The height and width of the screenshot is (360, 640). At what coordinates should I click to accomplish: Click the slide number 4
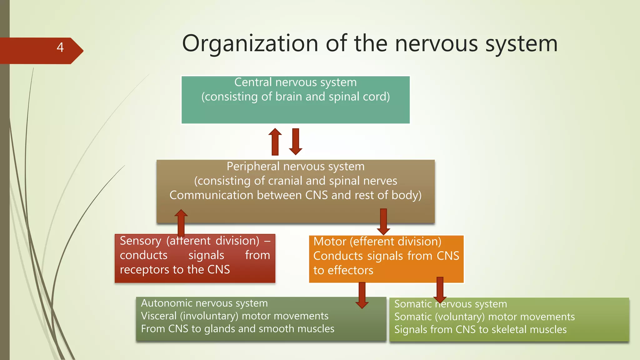pos(60,47)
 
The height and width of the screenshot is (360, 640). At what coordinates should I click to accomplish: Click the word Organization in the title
pos(250,44)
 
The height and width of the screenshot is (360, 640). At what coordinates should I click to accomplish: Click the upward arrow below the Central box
pos(275,142)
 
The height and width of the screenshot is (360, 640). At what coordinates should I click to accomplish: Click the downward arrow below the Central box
pos(296,142)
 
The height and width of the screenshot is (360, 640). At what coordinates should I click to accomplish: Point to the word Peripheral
pos(253,167)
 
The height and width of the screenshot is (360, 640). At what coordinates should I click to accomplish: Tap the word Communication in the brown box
pos(211,195)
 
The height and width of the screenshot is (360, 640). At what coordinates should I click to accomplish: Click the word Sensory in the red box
pos(140,241)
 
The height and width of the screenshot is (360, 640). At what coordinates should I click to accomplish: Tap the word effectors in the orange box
pos(350,270)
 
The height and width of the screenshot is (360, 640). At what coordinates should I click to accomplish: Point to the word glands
pos(220,329)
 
